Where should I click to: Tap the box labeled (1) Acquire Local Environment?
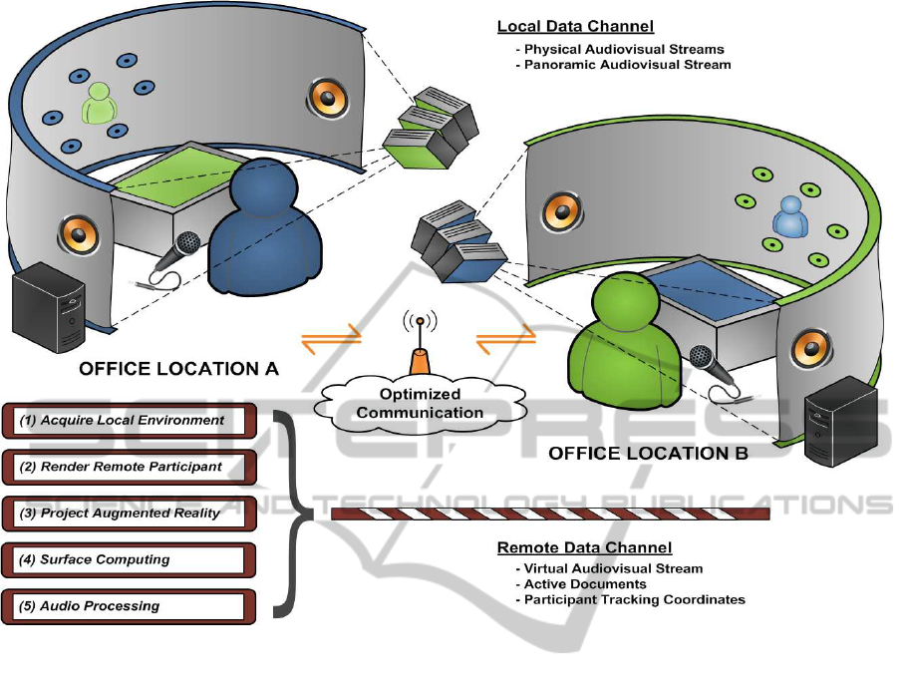[x=130, y=421]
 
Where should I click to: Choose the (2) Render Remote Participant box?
[x=130, y=467]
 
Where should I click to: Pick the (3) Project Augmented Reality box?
[x=130, y=514]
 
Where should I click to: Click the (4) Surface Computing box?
[x=130, y=559]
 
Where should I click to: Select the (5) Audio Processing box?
[x=130, y=606]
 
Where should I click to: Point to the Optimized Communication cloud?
[x=420, y=404]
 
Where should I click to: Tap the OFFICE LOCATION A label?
[x=178, y=369]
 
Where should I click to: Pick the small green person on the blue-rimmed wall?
[x=101, y=102]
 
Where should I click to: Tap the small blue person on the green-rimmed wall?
[x=789, y=216]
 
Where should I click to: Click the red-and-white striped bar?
[x=551, y=514]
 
